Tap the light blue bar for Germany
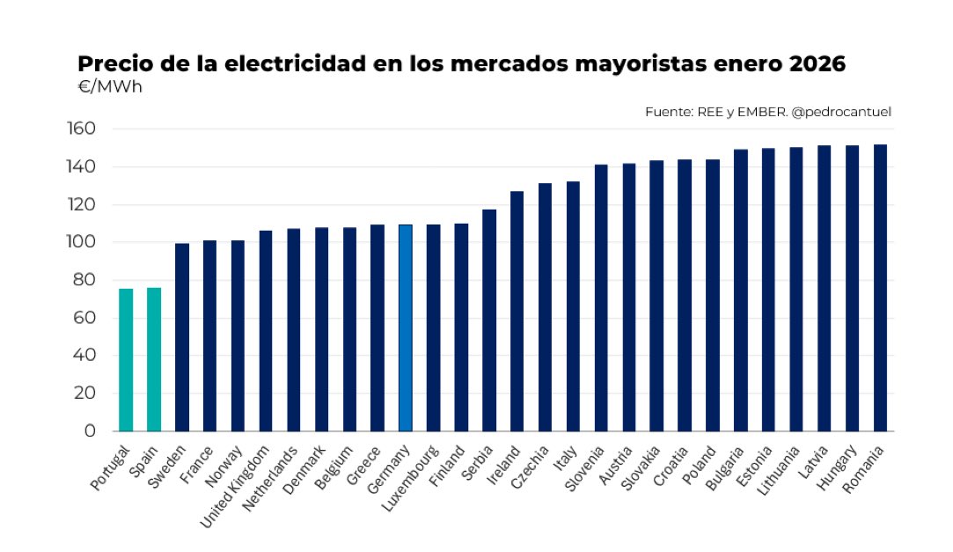[406, 328]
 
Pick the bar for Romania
[880, 288]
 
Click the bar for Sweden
[182, 337]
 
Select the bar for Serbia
[489, 320]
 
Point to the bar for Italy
[573, 306]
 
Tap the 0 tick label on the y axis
[90, 431]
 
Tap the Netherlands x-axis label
[269, 481]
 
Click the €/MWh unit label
[110, 87]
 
